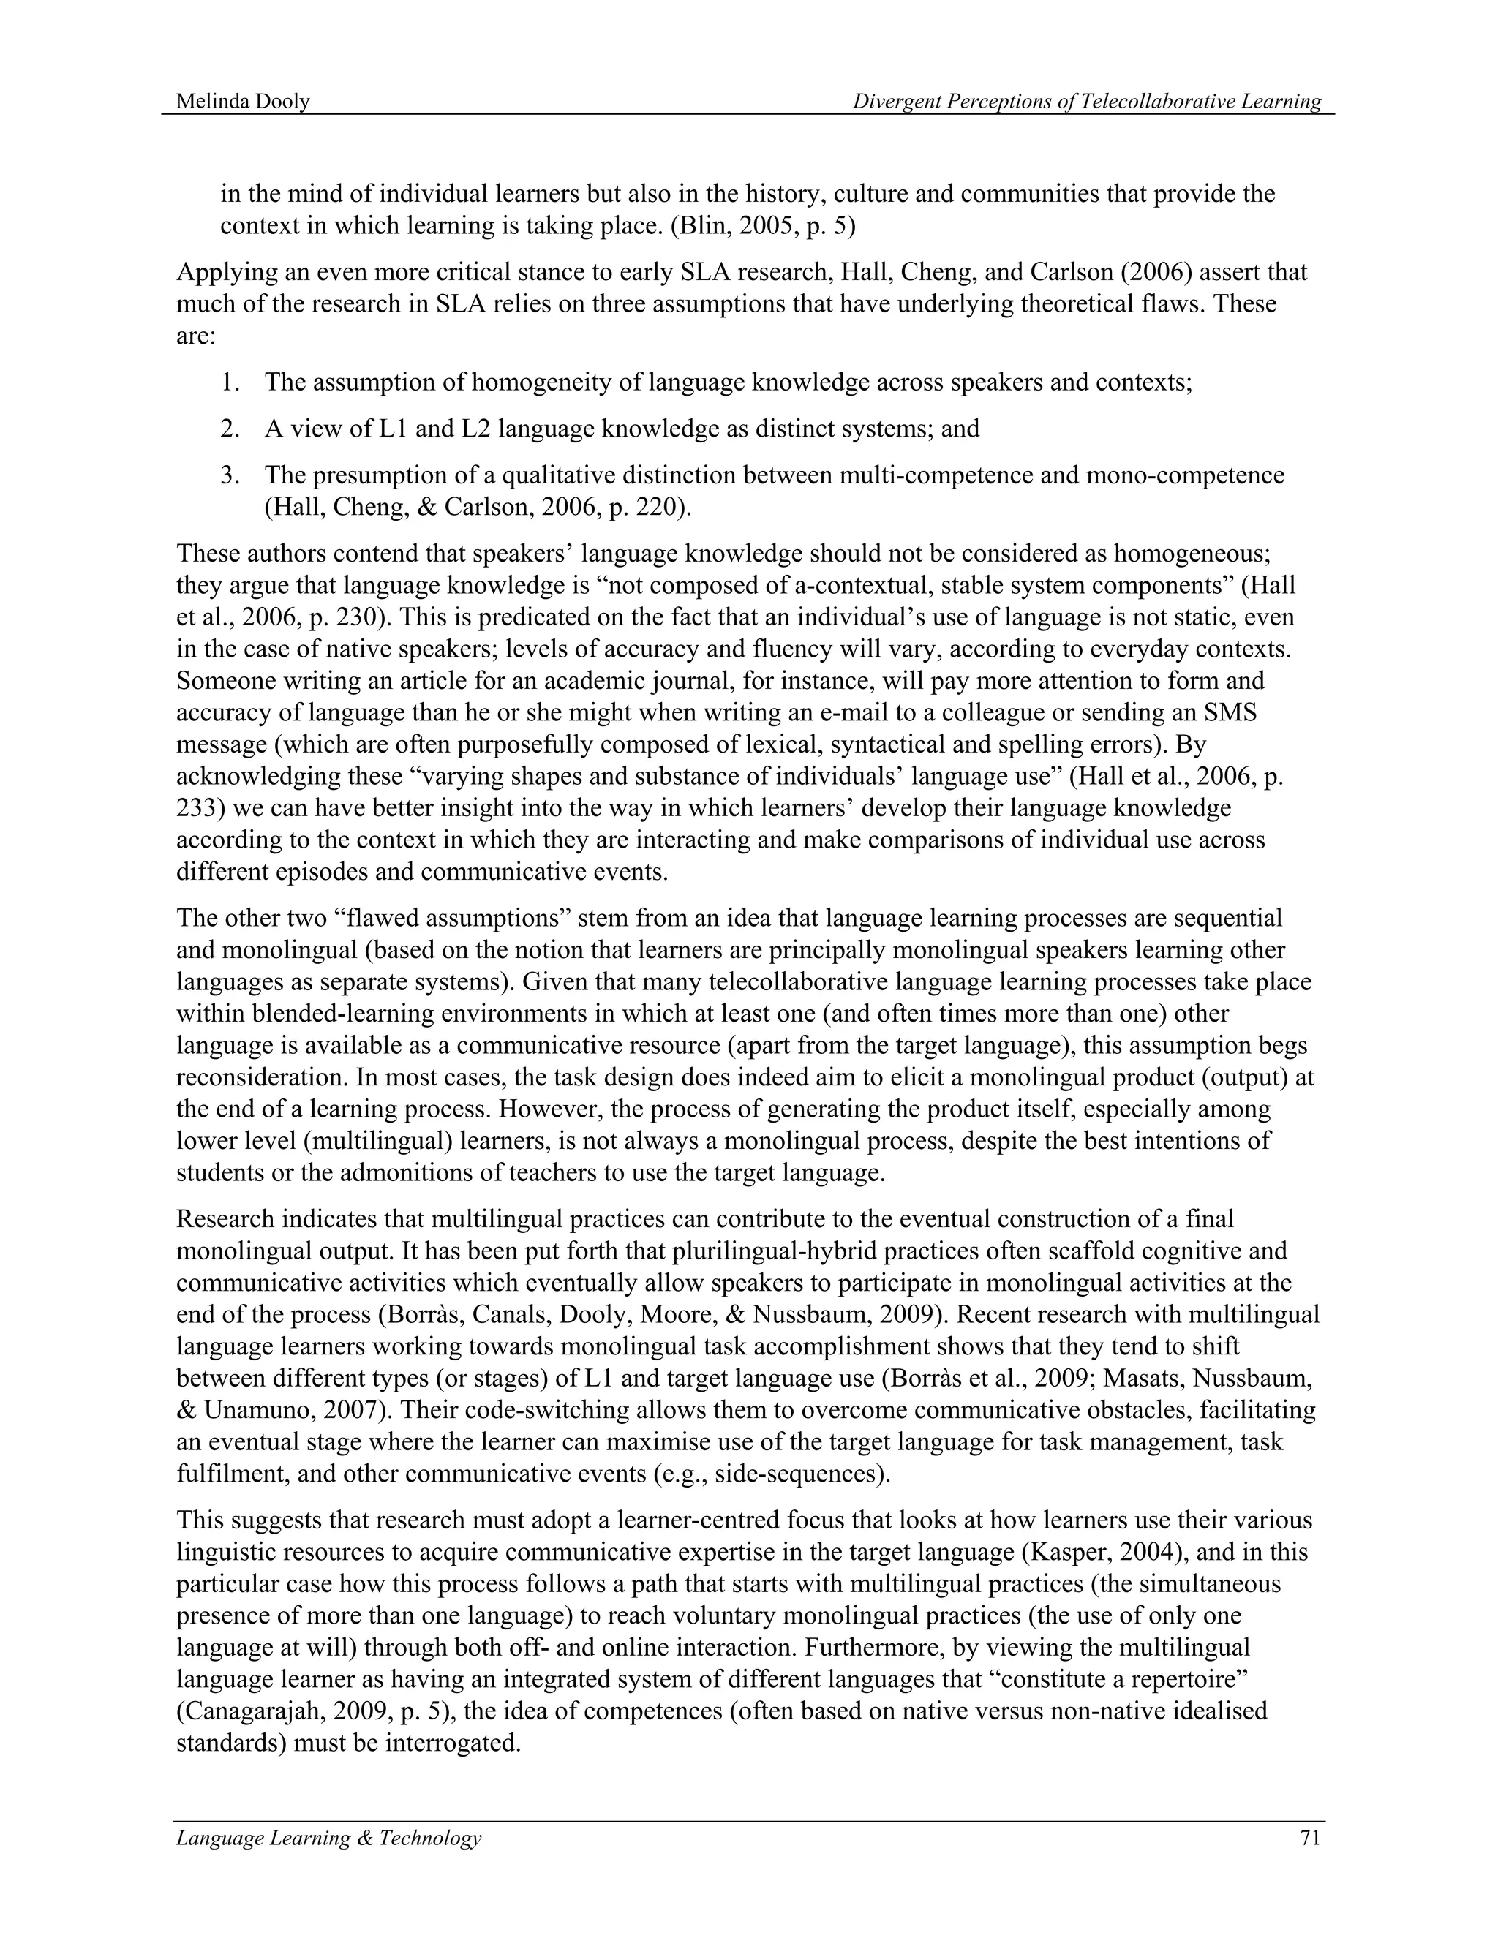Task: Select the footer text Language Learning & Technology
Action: (x=328, y=1837)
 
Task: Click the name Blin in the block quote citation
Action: (x=699, y=225)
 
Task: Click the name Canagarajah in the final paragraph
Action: (x=257, y=1711)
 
